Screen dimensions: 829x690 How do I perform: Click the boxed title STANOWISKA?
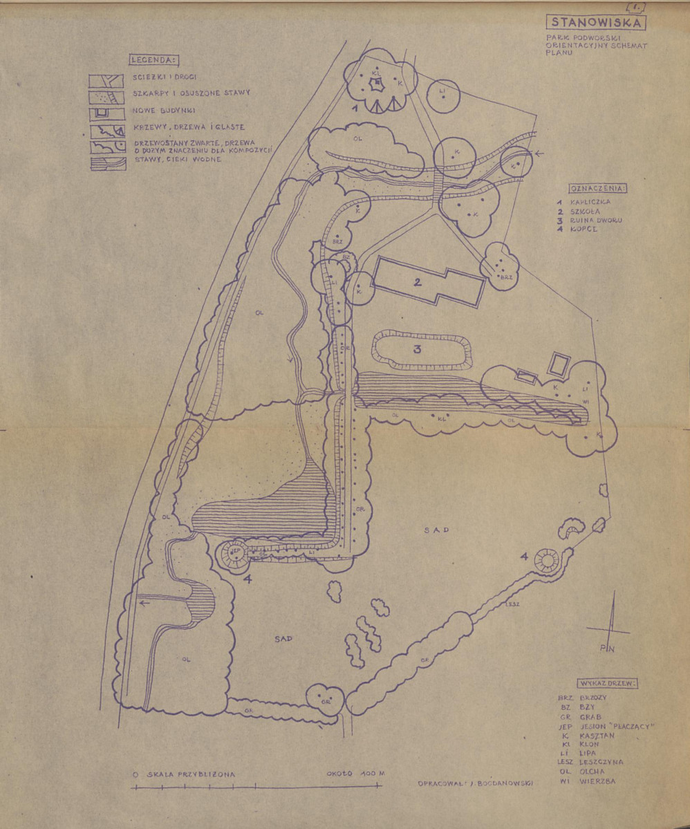[596, 23]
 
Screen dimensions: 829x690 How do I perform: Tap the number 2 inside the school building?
[418, 281]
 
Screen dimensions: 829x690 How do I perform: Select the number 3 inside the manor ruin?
[417, 349]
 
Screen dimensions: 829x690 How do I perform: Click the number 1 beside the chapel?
[354, 109]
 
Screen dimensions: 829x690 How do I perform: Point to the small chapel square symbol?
[377, 84]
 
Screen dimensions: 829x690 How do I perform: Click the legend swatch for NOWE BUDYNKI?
[106, 113]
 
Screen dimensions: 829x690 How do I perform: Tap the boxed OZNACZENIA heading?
[598, 187]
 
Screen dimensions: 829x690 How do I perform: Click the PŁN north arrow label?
[608, 648]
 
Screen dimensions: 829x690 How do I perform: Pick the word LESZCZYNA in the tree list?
[603, 762]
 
